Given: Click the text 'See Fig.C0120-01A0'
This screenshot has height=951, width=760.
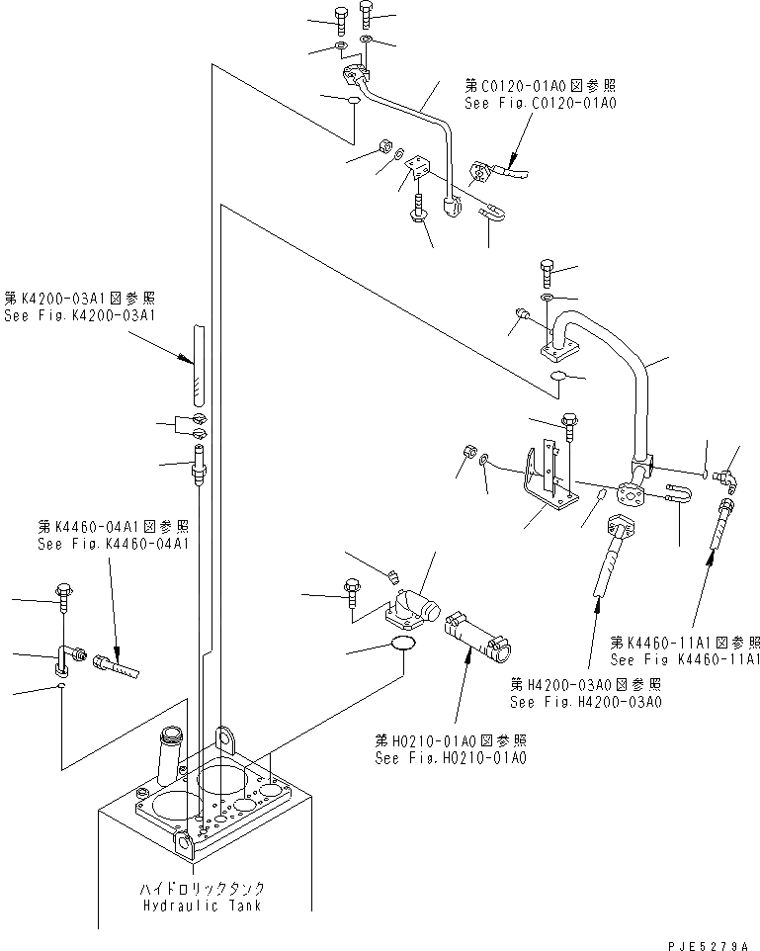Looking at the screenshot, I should point(541,102).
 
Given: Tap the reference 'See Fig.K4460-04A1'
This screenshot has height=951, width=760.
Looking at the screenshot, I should point(113,543).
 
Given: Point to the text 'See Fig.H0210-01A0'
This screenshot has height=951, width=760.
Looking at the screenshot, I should point(450,758).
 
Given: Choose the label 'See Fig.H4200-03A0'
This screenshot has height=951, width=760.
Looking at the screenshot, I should point(586,702).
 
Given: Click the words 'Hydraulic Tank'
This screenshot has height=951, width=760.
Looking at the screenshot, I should point(202,905).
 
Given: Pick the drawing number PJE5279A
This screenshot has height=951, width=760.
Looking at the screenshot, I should point(706,942).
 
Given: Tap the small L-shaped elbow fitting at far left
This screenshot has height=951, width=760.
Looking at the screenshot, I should point(62,659).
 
